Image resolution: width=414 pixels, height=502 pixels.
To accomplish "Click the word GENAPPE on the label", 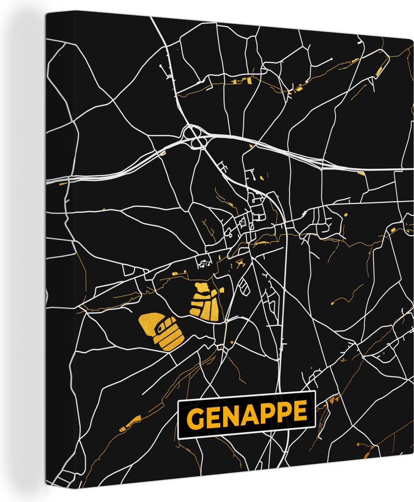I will [x=246, y=415].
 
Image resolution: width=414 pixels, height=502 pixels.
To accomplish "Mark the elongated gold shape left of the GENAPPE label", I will [x=130, y=423].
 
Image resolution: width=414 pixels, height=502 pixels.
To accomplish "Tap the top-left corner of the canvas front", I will [x=47, y=13].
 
